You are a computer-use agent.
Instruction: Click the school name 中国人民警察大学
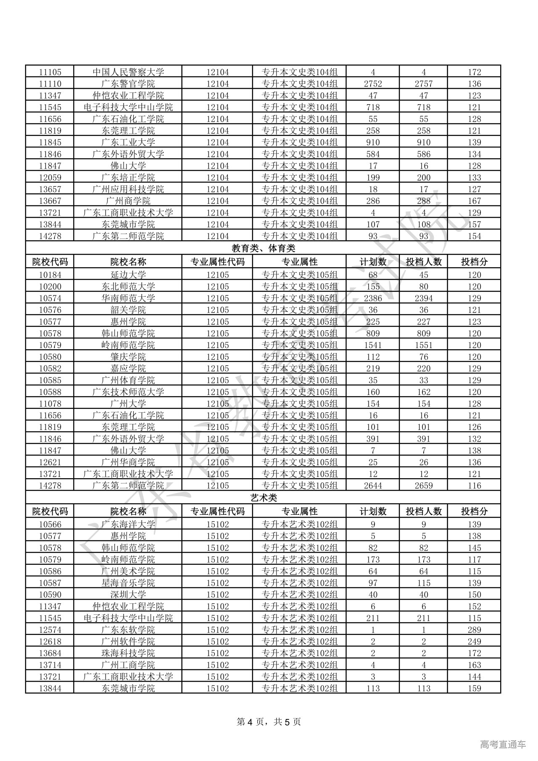pos(128,72)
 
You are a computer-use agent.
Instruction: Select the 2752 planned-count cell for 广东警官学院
pos(373,84)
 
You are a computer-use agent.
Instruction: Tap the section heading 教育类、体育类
pos(263,248)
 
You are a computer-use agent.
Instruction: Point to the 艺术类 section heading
pos(263,498)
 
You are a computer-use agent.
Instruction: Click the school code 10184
pos(50,275)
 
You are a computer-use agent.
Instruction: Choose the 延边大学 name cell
pos(128,275)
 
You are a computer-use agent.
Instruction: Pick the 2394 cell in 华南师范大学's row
pos(423,298)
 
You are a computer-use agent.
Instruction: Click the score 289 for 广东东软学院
pos(474,630)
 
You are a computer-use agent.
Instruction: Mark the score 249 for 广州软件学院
pos(474,642)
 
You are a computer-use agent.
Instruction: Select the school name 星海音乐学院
pos(128,583)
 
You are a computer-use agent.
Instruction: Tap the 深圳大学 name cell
pos(128,595)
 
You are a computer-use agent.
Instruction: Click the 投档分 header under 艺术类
pos(474,511)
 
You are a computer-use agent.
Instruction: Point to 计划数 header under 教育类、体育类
pos(373,262)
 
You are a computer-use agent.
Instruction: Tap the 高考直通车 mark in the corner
pos(503,745)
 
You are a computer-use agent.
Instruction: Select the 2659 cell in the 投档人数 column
pos(423,485)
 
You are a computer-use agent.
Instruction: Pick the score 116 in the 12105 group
pos(474,485)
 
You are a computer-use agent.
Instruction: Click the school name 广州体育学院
pos(128,380)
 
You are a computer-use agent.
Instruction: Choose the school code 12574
pos(50,630)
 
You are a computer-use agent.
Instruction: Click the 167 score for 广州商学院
pos(474,201)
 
